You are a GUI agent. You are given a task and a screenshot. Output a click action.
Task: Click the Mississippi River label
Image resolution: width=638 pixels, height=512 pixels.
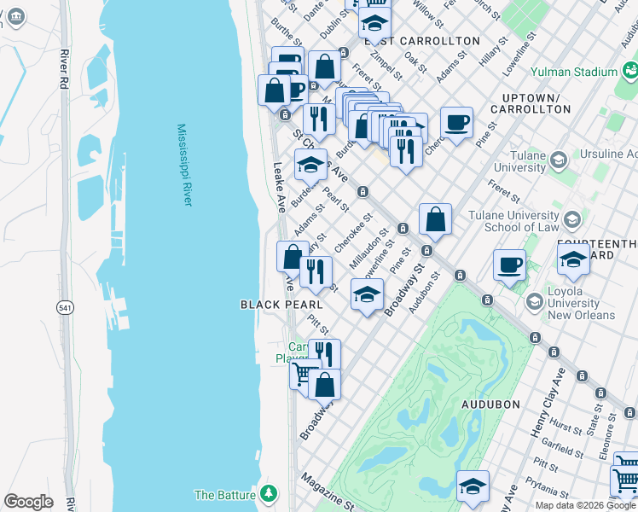185,165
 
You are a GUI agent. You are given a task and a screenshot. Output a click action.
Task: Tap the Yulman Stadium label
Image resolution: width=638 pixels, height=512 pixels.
573,73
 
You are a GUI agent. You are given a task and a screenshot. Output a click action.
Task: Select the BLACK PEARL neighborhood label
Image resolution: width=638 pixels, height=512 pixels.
281,305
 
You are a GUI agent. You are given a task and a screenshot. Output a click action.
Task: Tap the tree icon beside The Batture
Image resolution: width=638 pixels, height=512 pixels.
270,494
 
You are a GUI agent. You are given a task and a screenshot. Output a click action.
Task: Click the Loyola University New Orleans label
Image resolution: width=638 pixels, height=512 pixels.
582,308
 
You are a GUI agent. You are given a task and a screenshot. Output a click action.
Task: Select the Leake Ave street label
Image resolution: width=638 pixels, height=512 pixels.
278,187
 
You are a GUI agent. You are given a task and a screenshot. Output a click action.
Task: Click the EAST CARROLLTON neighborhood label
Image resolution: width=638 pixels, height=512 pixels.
422,41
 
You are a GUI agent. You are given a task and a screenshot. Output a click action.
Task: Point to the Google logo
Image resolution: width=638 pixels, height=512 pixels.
28,502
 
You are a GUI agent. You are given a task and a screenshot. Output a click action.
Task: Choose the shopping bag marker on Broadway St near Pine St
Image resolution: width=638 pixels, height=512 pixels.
435,219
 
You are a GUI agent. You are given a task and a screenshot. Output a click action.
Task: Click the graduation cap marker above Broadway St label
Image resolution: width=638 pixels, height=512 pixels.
367,295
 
